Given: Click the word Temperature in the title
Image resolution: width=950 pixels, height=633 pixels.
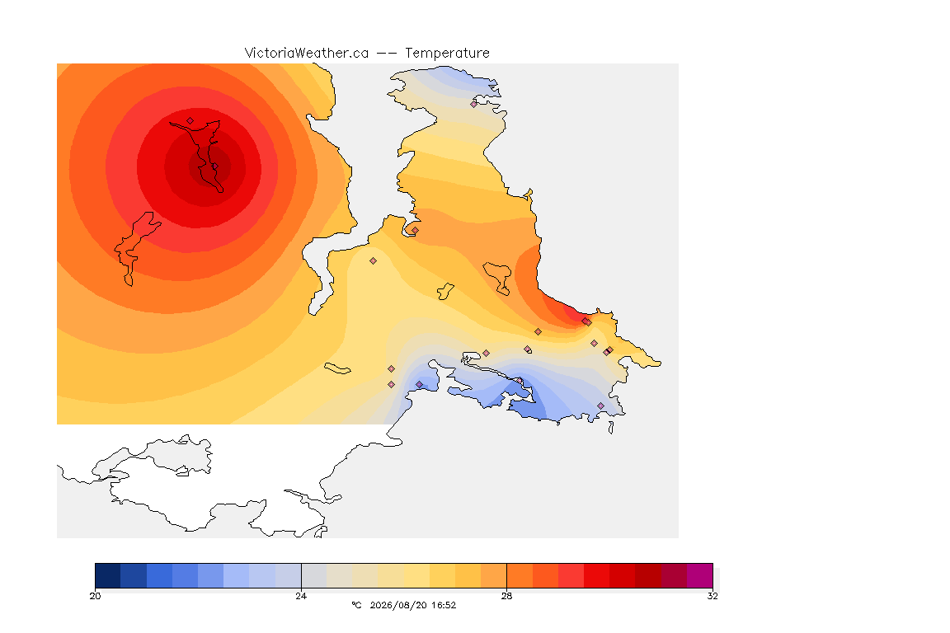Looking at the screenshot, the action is click(447, 54).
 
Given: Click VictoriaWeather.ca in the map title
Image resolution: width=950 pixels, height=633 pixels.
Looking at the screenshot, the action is click(307, 54).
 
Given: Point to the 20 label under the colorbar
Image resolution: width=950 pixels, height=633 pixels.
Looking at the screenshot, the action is click(95, 596).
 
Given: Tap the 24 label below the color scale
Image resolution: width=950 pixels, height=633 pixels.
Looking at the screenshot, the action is click(301, 596).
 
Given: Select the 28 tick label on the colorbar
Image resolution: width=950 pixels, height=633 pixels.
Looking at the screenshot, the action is click(506, 596).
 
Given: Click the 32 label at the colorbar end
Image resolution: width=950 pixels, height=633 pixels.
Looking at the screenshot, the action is click(712, 596).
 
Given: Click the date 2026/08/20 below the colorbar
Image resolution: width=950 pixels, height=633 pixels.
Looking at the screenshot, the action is click(398, 605).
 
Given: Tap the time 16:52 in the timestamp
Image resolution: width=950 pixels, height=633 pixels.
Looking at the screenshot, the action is click(444, 605).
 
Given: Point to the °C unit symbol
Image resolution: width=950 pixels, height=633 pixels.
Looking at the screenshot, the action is click(356, 605).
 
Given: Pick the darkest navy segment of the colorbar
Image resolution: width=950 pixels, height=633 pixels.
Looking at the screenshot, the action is click(108, 575).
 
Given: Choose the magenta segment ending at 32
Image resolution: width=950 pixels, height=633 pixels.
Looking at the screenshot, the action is click(700, 575).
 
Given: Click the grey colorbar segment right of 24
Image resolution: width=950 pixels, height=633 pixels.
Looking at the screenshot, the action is click(314, 575).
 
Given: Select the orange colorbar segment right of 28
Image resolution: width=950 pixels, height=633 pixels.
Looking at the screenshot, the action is click(520, 575).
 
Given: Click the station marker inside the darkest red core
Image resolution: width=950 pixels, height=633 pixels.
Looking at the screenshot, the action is click(214, 166).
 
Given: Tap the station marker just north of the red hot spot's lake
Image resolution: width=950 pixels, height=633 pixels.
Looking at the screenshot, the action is click(190, 120).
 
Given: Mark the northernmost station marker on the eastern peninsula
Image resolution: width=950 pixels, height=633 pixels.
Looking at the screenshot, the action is click(474, 104).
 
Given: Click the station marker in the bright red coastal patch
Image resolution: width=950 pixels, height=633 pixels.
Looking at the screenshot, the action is click(586, 321).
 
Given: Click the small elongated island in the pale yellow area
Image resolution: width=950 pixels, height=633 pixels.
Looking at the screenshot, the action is click(337, 368).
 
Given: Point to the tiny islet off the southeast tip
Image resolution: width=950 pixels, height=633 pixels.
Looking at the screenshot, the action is click(611, 428).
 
